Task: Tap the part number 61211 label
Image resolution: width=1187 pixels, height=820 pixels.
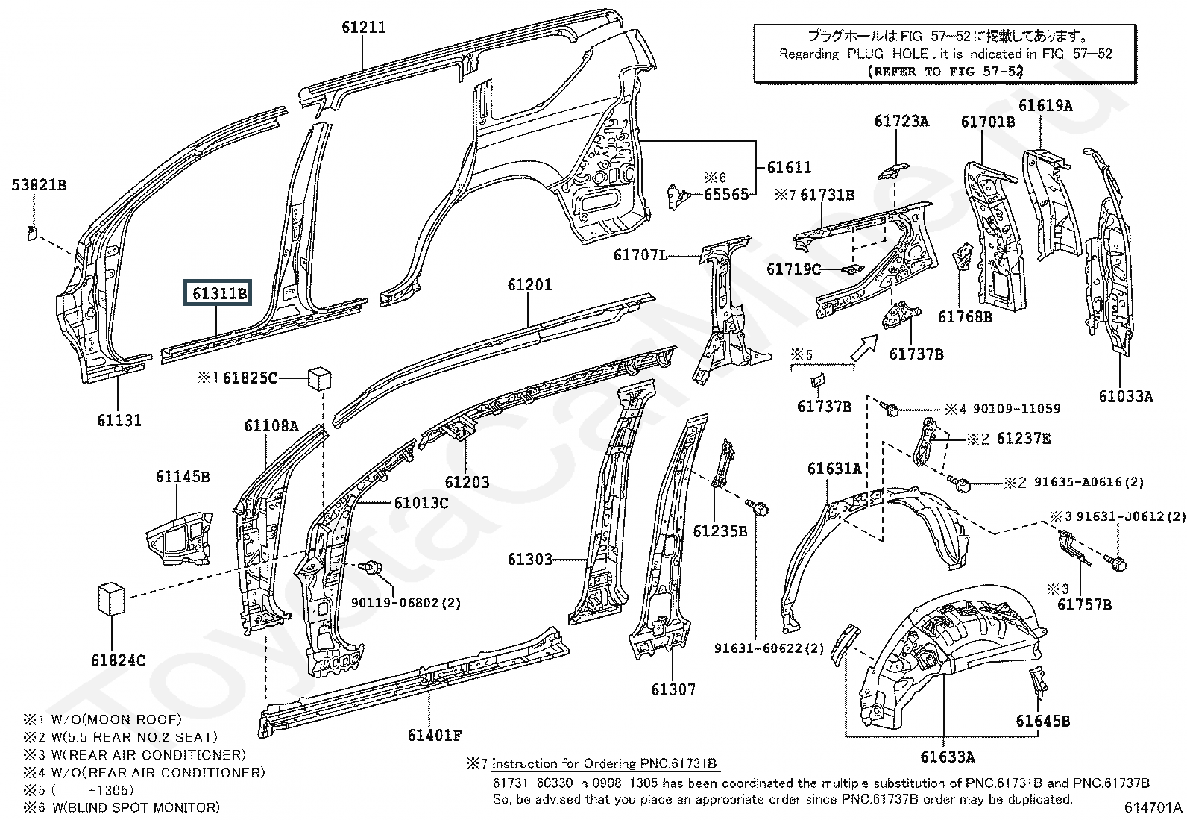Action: (x=364, y=27)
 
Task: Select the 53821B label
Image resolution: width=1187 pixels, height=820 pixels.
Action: (x=40, y=185)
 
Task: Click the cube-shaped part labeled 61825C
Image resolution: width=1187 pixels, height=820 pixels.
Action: (x=320, y=377)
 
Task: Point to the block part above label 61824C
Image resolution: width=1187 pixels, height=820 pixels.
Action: (x=111, y=599)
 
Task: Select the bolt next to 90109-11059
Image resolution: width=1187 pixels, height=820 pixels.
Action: (x=890, y=408)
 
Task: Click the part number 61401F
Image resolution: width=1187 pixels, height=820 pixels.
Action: (x=435, y=735)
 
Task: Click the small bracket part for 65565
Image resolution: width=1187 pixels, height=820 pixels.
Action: (x=677, y=196)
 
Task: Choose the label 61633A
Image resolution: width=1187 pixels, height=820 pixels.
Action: (x=948, y=757)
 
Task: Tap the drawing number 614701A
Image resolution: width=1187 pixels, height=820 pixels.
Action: (x=1153, y=807)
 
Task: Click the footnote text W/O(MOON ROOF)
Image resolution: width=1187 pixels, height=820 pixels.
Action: (x=116, y=719)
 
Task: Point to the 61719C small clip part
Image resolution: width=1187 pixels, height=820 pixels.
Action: (x=853, y=269)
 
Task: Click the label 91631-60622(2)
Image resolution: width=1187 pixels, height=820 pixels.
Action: (x=769, y=648)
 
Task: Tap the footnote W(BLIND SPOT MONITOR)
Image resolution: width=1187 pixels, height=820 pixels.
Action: (x=135, y=807)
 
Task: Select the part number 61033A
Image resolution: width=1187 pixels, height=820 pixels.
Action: (x=1126, y=396)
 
